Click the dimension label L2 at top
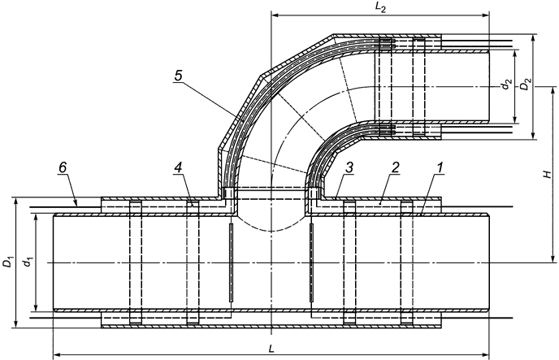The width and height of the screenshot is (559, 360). pyautogui.click(x=382, y=7)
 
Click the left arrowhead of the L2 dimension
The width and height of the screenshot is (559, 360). pyautogui.click(x=273, y=15)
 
